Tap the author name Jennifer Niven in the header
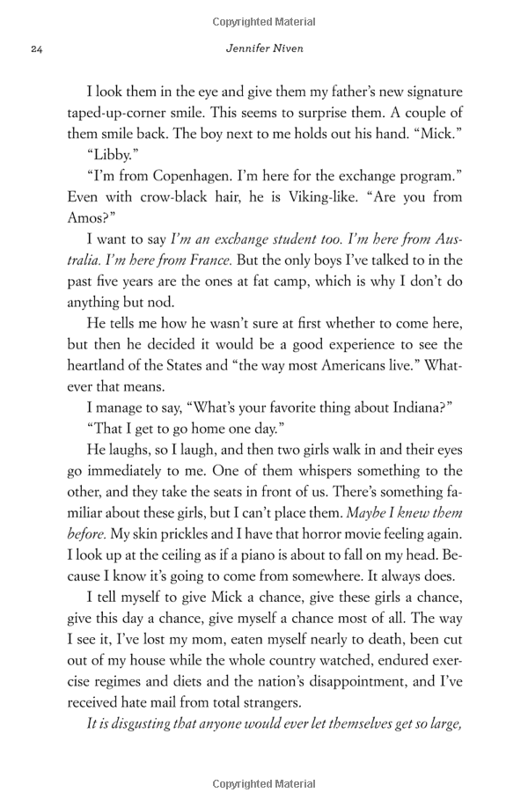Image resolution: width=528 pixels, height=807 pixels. click(x=264, y=48)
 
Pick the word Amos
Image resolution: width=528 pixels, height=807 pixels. click(x=88, y=218)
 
